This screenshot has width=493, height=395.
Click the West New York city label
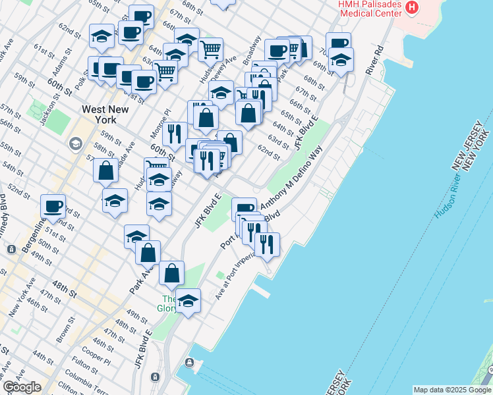[99, 115]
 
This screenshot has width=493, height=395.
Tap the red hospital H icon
[413, 7]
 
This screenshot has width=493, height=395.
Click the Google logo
[22, 387]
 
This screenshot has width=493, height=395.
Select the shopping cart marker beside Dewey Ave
[210, 48]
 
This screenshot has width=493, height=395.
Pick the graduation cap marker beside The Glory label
[188, 300]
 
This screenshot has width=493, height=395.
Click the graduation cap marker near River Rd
[341, 60]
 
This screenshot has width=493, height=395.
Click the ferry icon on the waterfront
[190, 363]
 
